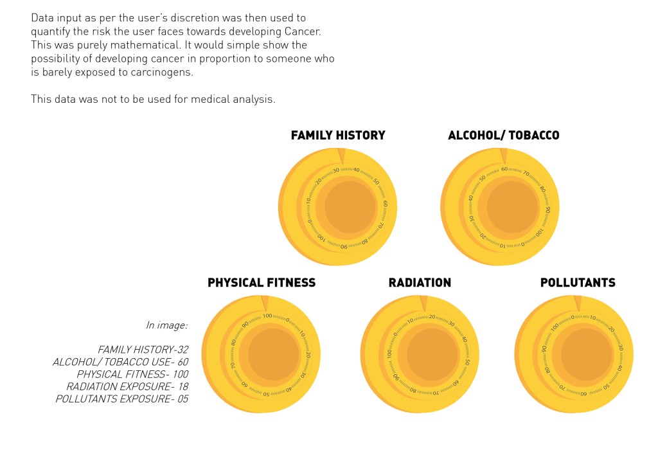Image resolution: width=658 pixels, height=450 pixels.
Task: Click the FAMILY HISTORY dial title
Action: coord(338,136)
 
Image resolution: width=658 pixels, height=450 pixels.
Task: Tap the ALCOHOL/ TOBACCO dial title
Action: coord(503,136)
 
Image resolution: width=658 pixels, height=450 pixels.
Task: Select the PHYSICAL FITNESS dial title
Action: coord(262,283)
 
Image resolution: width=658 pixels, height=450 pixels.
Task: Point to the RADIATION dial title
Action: coord(420,283)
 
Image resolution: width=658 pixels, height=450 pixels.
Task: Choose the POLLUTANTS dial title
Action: coord(578,283)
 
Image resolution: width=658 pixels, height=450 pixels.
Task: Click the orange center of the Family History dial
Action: coord(350,207)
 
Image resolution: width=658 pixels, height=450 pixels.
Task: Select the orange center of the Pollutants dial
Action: coord(586,354)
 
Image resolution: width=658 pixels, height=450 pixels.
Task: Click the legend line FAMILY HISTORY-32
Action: coord(143,350)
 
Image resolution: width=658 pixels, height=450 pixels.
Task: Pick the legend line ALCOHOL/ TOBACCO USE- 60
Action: coord(120,362)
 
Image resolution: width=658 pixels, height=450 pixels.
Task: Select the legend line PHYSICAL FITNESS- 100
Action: coord(132,374)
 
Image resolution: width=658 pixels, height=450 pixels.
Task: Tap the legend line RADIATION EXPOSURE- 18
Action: coord(127,386)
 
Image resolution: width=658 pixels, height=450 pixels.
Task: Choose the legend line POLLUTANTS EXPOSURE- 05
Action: coord(122,399)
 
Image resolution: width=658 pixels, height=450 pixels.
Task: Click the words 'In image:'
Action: coord(166,325)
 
